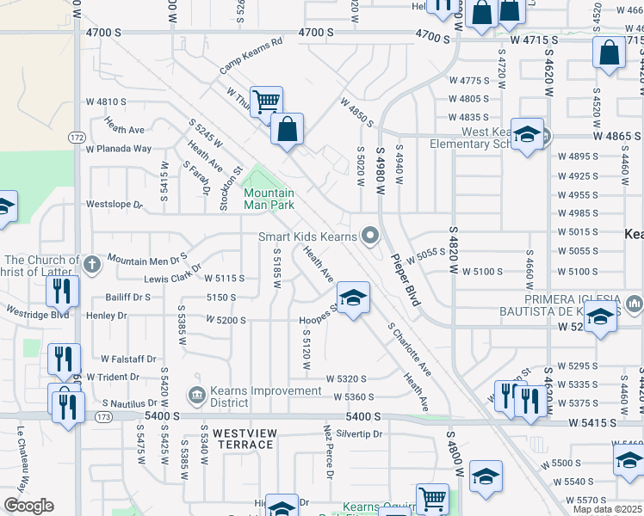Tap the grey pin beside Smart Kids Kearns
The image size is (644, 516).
tap(371, 235)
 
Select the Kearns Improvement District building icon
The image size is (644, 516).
tap(195, 396)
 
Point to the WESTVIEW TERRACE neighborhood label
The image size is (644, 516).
tap(231, 439)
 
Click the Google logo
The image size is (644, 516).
tap(28, 505)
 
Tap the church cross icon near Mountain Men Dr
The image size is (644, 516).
tap(93, 264)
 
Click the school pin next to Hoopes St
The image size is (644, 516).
tap(352, 299)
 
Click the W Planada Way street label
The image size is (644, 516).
tap(117, 149)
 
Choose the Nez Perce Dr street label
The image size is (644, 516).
tap(328, 447)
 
